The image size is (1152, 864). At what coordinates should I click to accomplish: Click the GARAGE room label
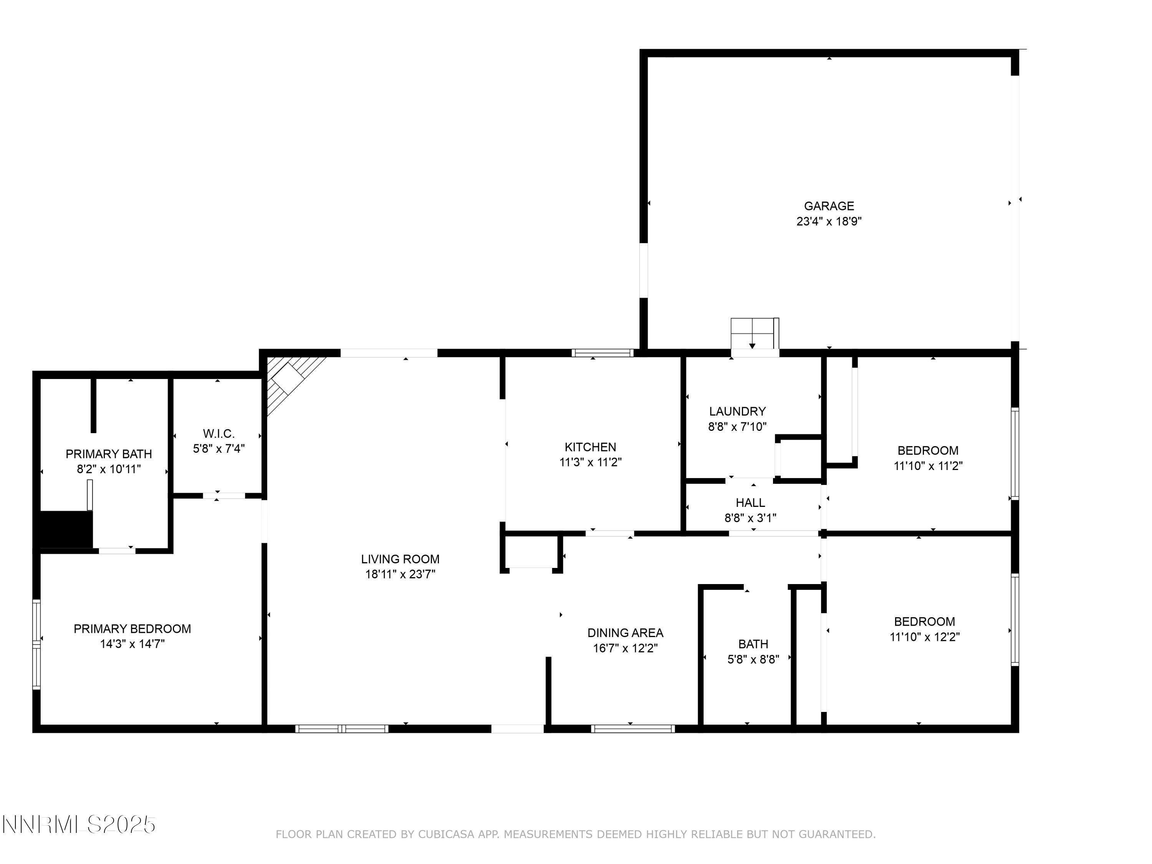[829, 206]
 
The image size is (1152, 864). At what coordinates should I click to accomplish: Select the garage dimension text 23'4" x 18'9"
[829, 221]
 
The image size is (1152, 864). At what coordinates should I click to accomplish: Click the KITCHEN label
[590, 447]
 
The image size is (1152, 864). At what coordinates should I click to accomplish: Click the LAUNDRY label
[737, 411]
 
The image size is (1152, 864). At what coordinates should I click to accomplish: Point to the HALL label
[750, 503]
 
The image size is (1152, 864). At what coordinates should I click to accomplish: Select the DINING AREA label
[625, 633]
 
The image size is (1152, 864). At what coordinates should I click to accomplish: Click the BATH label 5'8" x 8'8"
[753, 645]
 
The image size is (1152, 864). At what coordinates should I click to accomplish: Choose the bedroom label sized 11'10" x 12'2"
[924, 622]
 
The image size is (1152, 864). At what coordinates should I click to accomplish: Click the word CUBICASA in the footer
[446, 835]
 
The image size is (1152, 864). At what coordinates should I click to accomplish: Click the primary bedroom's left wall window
[36, 645]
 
